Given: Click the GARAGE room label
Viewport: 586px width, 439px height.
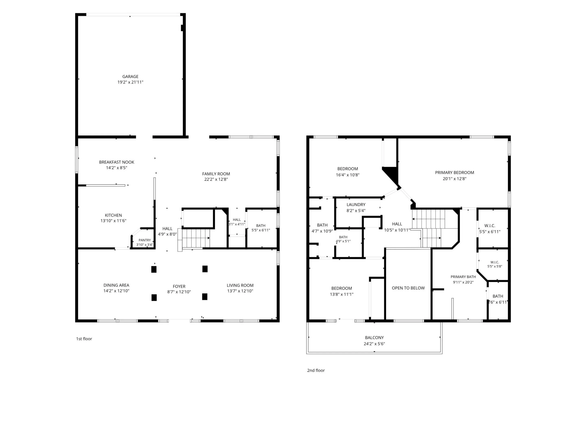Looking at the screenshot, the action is point(130,76).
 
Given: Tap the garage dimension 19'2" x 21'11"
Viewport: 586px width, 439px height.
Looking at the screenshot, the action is point(130,82).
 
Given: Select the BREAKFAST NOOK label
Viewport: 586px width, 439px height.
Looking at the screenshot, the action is point(117,162).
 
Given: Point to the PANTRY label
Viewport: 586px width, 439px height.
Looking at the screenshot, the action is point(145,240).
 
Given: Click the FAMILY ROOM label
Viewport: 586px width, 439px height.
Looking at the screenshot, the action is point(216,174).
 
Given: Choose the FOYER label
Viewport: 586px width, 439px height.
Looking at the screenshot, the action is point(179,286).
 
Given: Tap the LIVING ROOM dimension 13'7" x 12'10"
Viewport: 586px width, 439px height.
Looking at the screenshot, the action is point(240,291).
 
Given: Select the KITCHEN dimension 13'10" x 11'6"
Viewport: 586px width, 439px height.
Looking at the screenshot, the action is point(113,221).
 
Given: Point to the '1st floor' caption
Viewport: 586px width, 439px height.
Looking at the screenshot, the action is point(84,339).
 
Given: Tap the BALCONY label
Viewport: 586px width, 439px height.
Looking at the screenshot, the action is point(374,338).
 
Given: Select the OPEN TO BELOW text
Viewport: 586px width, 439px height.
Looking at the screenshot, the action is point(408,288).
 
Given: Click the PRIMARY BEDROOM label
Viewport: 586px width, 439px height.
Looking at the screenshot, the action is point(455,173).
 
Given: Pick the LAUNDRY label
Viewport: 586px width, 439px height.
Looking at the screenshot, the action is point(356,204).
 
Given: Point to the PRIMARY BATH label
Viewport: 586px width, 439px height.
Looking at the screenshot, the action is point(463,277).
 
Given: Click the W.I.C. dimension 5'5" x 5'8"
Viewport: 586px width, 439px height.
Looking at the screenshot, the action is point(495,266).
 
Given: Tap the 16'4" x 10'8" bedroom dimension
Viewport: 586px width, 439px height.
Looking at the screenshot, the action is point(348,175).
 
